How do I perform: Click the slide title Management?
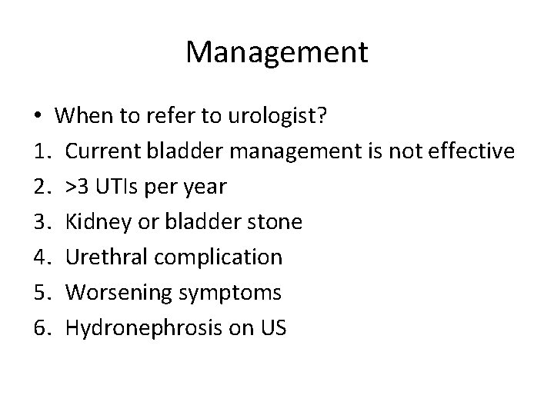click(277, 52)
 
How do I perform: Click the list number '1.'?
click(42, 151)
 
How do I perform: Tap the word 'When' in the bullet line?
click(81, 117)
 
